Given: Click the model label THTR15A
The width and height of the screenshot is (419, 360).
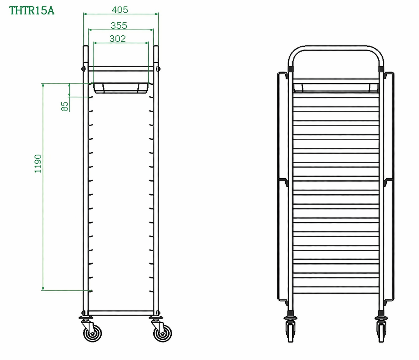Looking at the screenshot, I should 32,11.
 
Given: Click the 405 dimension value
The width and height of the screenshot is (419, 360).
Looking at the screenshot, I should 120,10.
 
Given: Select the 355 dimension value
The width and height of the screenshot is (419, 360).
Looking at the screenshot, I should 119,25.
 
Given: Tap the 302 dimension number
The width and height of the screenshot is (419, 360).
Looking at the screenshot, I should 118,39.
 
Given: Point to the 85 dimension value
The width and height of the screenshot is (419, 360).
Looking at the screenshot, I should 64,106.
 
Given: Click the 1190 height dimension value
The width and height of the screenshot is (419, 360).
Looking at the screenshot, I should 38,164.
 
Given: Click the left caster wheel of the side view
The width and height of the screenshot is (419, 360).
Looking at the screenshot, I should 93,333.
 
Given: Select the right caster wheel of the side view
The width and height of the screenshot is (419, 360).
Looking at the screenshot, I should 163,333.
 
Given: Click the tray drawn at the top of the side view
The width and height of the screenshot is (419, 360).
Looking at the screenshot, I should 121,88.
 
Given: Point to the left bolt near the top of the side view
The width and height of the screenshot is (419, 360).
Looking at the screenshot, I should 83,68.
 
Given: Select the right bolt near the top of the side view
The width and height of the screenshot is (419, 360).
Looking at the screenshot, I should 158,68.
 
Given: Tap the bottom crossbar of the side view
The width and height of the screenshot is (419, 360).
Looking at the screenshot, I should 121,313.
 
